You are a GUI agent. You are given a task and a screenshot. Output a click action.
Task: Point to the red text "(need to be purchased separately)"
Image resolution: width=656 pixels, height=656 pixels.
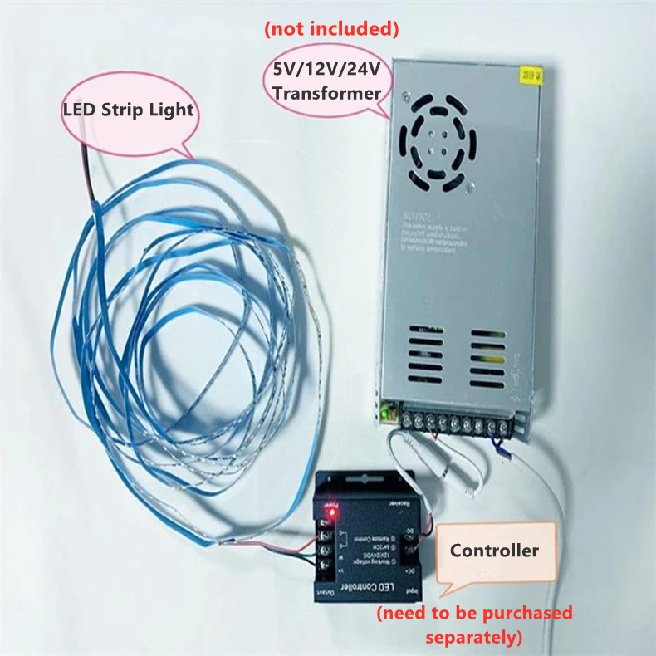click(x=474, y=625)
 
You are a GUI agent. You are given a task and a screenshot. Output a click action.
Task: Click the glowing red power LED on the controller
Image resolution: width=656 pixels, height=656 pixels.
click(x=330, y=512)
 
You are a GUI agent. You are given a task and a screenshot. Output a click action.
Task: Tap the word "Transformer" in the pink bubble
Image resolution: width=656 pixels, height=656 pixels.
click(x=326, y=92)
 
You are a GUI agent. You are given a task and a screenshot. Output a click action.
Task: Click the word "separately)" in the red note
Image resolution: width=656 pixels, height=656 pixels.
click(x=473, y=639)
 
